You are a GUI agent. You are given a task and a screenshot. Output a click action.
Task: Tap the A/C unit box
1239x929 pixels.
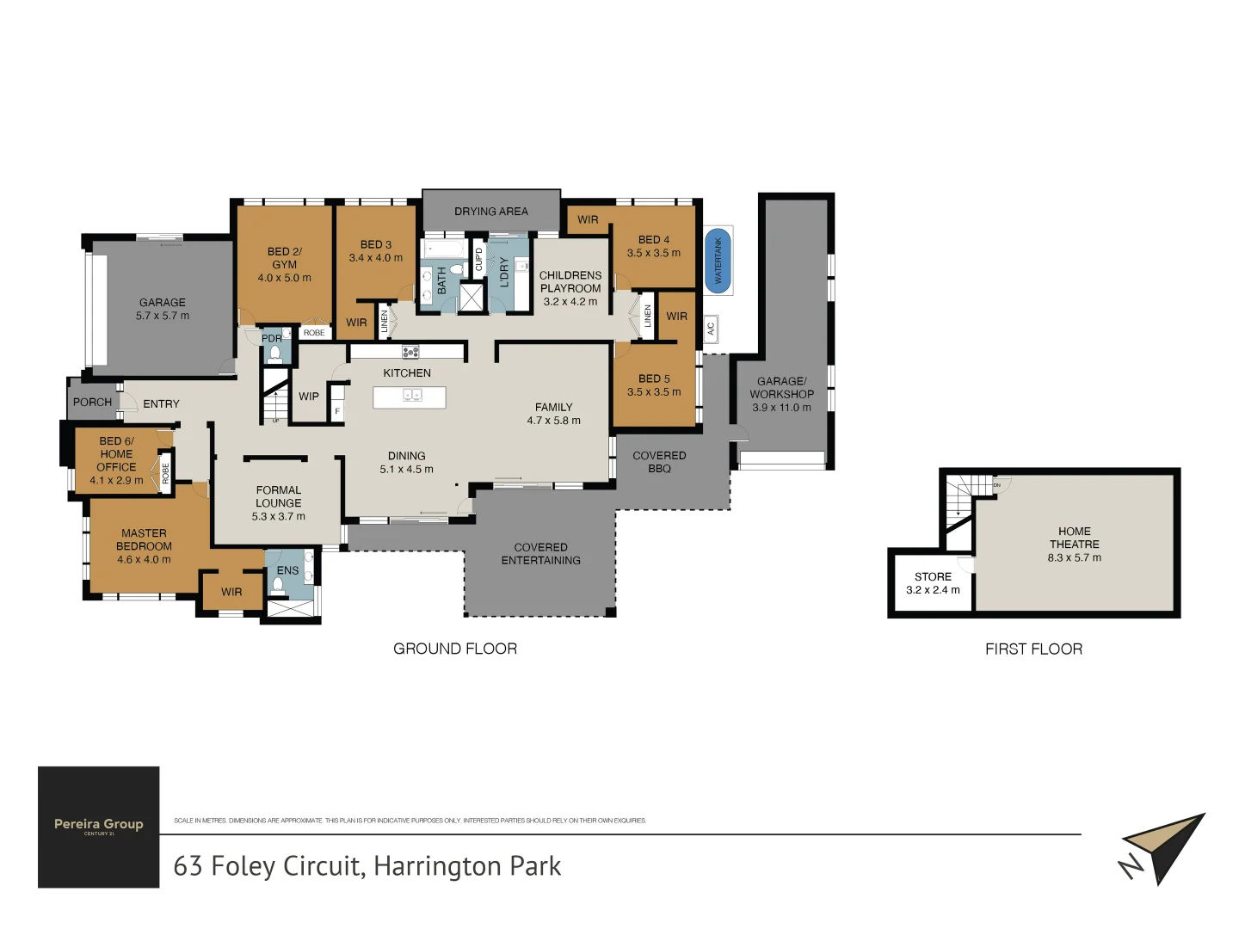[x=711, y=329]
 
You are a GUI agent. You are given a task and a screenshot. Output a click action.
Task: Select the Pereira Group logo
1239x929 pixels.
[x=99, y=827]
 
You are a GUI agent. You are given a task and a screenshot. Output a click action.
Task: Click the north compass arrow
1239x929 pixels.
[x=1162, y=847]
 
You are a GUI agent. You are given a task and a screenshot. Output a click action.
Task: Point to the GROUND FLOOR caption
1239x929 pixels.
[x=455, y=649]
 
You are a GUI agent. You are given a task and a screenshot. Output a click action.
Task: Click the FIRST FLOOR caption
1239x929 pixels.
[x=1033, y=649]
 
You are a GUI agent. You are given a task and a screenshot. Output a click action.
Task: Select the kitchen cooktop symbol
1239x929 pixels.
[x=410, y=351]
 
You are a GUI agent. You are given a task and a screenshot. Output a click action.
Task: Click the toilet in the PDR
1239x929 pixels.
[x=275, y=354]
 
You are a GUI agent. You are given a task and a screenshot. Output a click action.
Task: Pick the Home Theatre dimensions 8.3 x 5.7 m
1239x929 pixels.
[x=1074, y=557]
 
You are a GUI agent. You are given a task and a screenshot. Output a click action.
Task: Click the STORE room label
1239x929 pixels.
[x=933, y=576]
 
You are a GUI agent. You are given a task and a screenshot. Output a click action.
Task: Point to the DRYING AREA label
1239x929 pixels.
[x=491, y=212]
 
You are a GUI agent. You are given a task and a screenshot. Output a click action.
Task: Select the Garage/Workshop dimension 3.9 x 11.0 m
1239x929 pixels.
[x=781, y=408]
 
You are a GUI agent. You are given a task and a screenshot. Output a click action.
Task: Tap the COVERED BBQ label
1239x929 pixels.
[x=659, y=462]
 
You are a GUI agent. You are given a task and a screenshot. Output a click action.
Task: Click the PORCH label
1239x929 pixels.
[x=92, y=402]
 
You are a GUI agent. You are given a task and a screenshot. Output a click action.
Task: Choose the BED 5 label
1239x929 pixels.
[x=654, y=378]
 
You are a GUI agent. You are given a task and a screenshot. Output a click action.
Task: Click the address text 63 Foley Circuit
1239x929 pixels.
[x=367, y=865]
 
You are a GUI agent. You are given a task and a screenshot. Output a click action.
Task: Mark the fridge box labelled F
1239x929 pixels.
[x=337, y=411]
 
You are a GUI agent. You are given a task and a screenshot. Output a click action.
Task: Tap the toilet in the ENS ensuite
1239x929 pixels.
[x=278, y=586]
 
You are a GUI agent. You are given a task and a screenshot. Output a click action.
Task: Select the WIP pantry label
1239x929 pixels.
[x=308, y=397]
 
